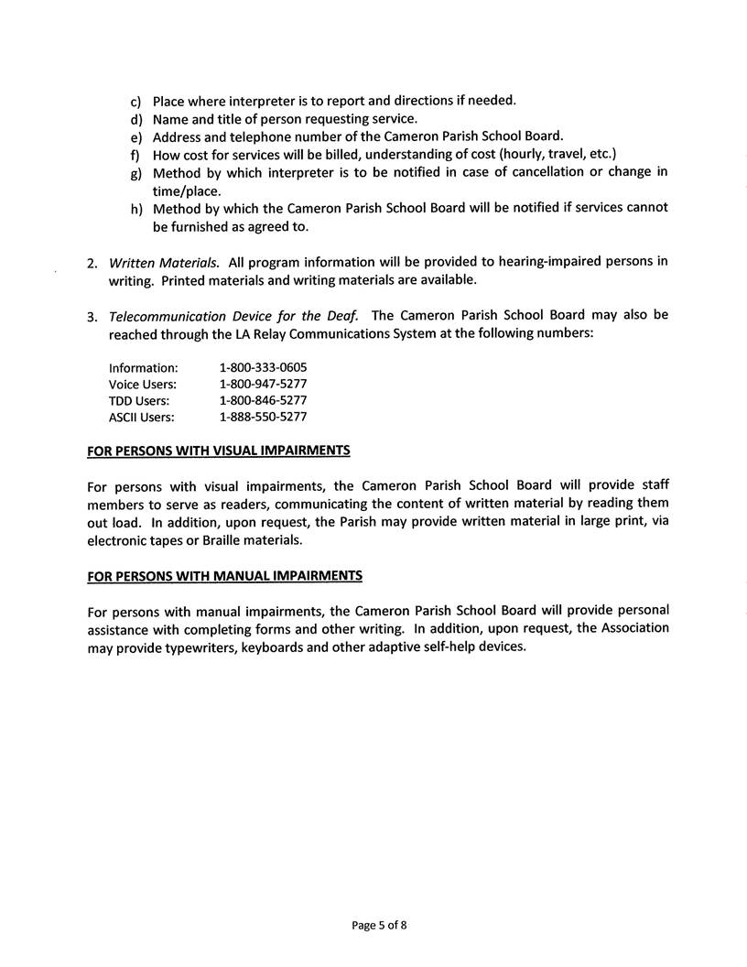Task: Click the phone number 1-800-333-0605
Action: click(263, 367)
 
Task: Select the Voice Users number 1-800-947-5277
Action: click(263, 384)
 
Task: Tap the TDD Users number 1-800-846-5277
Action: click(263, 400)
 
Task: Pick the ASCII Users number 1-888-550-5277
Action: click(263, 417)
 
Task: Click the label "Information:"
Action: click(143, 367)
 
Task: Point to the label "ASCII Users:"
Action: click(141, 417)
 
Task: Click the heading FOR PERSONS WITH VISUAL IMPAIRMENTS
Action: click(218, 451)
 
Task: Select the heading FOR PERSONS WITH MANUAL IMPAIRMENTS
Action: click(224, 576)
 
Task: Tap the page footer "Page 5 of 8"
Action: click(379, 925)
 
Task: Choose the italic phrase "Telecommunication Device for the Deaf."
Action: click(233, 316)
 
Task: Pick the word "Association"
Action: click(628, 628)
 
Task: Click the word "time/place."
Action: click(188, 190)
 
